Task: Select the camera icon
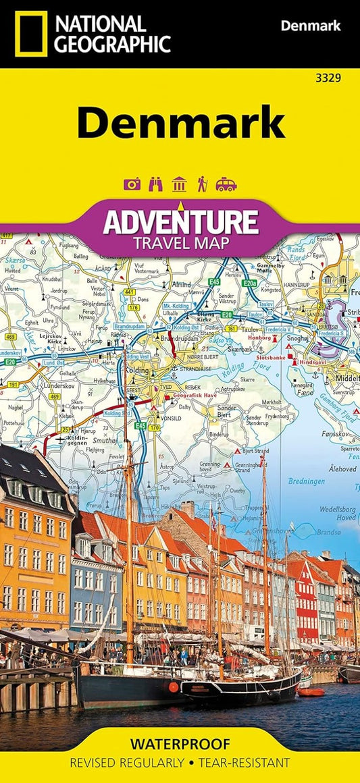(x=132, y=184)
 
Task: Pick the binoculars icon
(x=155, y=184)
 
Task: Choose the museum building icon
(x=179, y=184)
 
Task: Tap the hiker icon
(x=202, y=184)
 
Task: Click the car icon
(x=226, y=184)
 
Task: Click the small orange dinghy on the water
(x=310, y=692)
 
